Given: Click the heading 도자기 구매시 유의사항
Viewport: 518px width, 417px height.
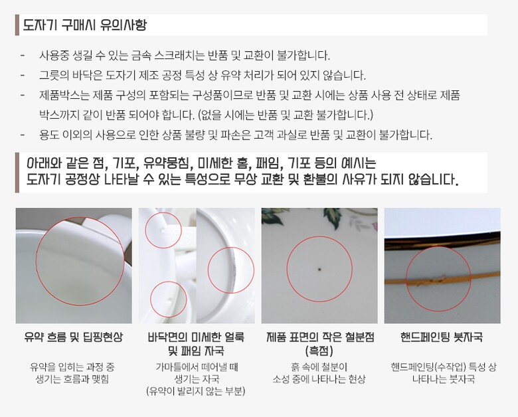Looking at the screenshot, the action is point(84,25).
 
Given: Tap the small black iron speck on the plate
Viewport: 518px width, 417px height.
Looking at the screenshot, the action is point(320,270).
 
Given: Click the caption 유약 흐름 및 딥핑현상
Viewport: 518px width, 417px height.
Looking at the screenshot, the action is point(73,337).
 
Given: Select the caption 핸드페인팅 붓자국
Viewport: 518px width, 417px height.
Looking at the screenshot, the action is point(442,337).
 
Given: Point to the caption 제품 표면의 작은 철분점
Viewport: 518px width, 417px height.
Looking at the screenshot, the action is point(320,337).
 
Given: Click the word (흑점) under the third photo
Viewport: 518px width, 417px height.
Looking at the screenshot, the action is point(319,350).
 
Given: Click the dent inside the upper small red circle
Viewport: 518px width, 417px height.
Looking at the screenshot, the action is point(162,230).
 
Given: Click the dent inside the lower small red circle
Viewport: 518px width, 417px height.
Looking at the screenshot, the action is point(169,299).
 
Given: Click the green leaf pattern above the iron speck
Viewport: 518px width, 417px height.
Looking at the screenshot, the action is point(331,217).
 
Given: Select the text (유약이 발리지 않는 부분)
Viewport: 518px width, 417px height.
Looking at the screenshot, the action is point(195,391).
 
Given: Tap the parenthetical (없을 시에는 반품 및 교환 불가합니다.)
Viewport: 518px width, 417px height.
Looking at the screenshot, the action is point(285,115).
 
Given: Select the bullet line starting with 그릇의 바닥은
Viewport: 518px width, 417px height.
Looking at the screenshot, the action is point(203,75).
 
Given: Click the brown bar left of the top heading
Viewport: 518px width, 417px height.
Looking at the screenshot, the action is point(17,25).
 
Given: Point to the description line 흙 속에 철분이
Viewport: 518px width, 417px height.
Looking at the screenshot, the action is point(319,367).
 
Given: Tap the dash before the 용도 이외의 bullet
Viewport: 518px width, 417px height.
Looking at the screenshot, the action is point(23,135).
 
